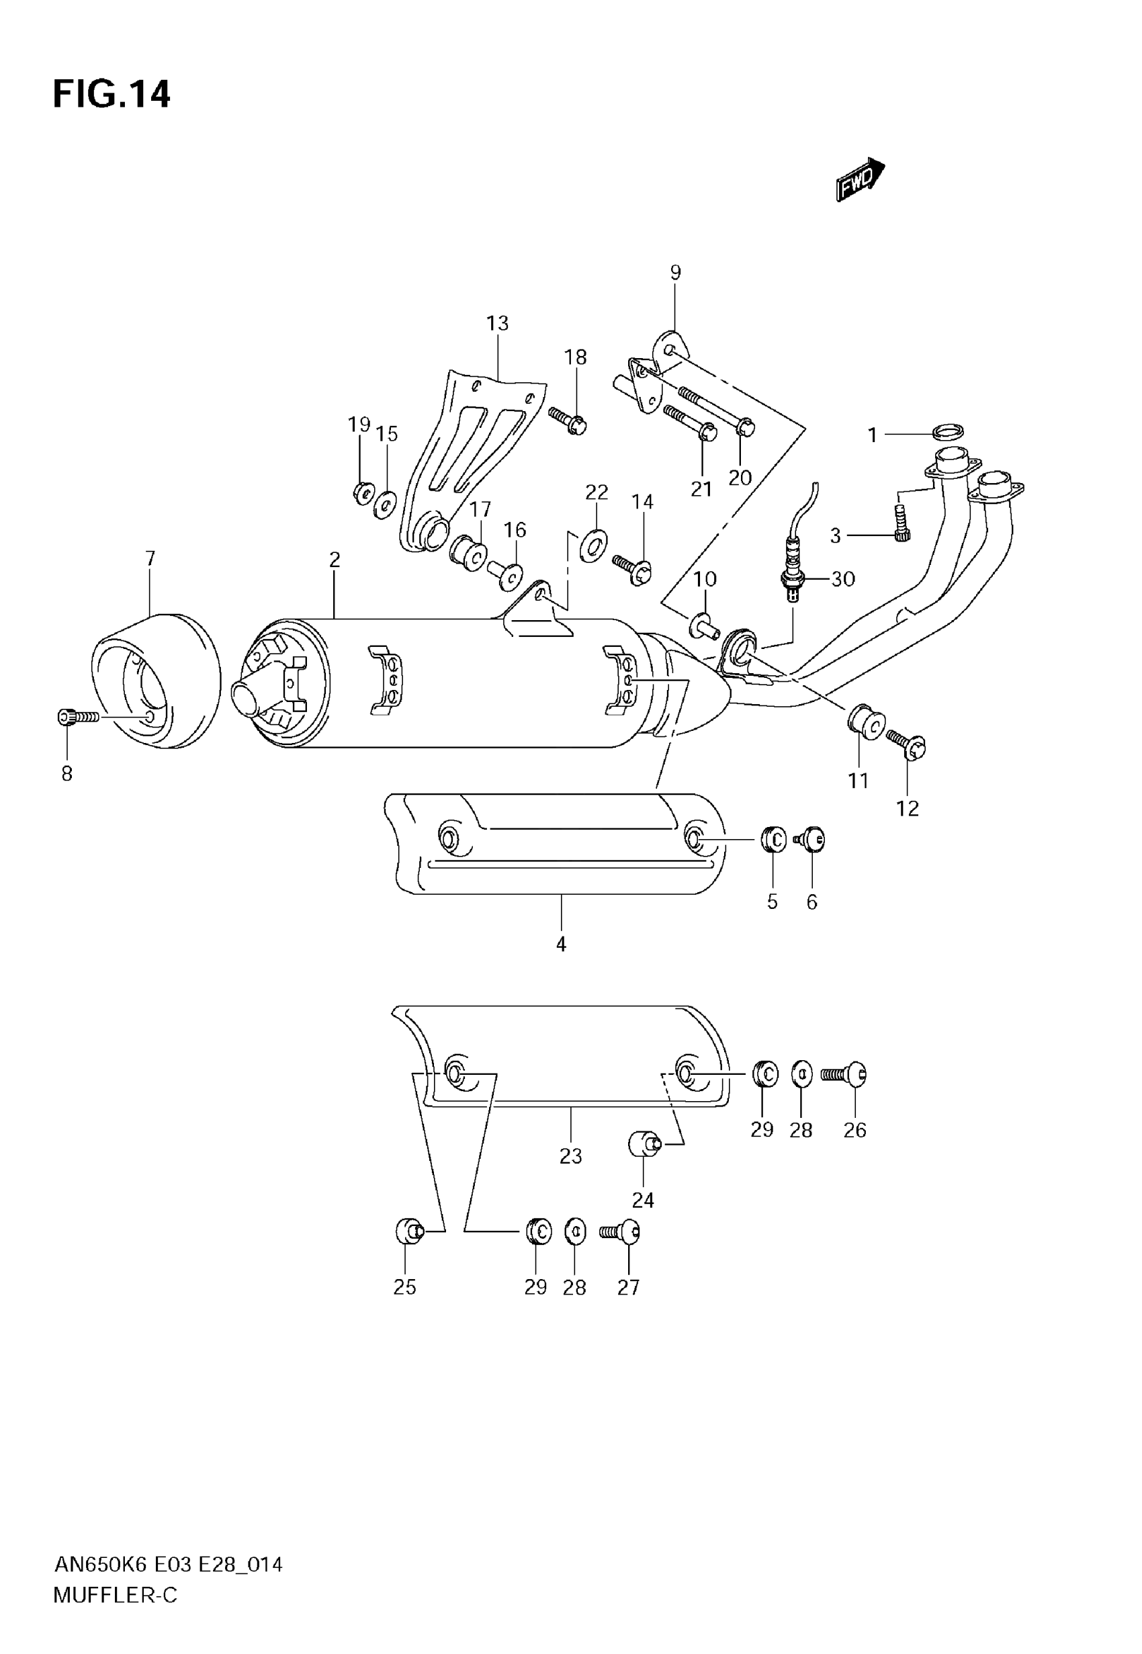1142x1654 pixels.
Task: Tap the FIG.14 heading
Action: click(112, 95)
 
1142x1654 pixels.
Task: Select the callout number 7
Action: click(150, 558)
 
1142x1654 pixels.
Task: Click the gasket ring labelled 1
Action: click(948, 431)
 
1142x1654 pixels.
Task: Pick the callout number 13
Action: click(497, 323)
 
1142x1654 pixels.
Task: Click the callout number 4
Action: click(561, 945)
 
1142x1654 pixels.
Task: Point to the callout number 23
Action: click(570, 1156)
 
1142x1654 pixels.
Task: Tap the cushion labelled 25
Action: click(408, 1231)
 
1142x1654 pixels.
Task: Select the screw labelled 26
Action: click(844, 1074)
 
